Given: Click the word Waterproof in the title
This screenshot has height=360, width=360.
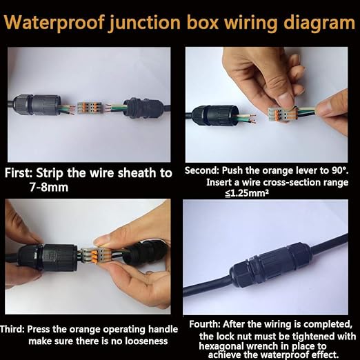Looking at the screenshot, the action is pos(54,23).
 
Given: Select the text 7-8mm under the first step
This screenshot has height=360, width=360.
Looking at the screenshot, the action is pos(49,187).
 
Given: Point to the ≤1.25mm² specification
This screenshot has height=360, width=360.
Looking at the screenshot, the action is pos(247,194).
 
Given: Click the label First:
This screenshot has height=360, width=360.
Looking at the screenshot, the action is pos(19,173).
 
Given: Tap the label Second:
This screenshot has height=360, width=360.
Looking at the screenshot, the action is pos(202,170).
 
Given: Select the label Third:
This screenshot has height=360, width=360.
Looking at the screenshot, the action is pos(12,329).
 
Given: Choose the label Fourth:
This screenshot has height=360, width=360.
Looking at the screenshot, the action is pos(205,324).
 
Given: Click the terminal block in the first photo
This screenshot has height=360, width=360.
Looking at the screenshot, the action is pos(89,108).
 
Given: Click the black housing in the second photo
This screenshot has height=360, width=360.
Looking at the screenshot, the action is pos(214,115).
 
